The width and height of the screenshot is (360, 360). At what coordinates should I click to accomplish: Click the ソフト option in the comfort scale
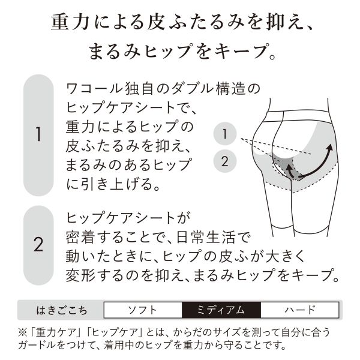pos(143,310)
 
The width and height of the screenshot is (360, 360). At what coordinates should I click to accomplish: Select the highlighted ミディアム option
pos(221,310)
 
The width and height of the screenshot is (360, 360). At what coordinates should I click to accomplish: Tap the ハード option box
pos(300,310)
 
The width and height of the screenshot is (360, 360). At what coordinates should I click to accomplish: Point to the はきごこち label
pos(62,310)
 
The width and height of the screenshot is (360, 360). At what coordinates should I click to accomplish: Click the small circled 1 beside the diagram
pos(225,134)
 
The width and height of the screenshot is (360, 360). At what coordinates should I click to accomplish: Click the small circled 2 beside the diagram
pos(225,161)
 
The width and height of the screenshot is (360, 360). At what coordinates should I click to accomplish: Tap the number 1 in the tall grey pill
pos(38,134)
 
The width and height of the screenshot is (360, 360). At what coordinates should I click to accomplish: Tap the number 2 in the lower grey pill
pos(38,245)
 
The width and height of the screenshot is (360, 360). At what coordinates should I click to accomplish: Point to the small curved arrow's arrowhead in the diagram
pos(287,169)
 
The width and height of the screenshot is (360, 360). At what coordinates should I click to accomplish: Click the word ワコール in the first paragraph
pos(94,89)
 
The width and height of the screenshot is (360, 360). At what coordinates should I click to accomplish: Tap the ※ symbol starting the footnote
pos(23,332)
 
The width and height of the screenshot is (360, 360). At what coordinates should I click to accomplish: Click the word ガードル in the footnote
pos(37,345)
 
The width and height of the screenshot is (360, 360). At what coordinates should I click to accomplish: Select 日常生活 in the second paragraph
pos(206,238)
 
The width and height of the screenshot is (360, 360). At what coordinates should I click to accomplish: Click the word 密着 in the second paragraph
pos(80,238)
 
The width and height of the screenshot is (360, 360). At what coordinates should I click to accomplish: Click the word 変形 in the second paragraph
pos(80,275)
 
